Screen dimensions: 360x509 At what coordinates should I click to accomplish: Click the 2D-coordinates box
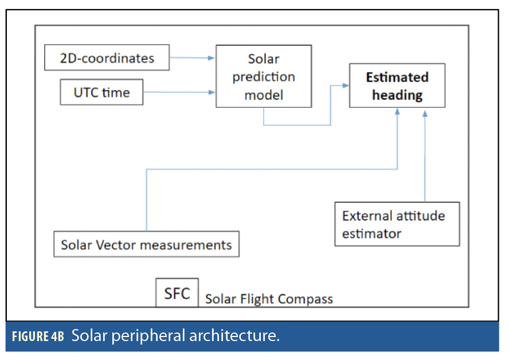tap(107, 57)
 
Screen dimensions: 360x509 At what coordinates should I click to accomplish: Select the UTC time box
tap(101, 92)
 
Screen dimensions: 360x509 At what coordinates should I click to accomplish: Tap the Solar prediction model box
tap(263, 76)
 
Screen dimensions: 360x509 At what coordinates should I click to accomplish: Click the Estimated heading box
tap(397, 86)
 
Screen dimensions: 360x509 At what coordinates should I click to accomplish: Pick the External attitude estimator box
tap(397, 224)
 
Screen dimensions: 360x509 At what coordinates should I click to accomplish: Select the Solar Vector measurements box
tap(146, 245)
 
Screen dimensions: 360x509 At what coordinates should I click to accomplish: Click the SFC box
tap(177, 294)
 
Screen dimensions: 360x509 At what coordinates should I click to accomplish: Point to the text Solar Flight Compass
tap(269, 299)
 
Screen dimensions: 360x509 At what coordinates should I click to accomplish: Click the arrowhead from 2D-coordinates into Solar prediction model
tap(212, 57)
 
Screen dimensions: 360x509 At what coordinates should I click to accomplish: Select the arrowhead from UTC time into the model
tap(212, 92)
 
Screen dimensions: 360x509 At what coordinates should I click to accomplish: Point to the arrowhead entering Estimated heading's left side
tap(346, 85)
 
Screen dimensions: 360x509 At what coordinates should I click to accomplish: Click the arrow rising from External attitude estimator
tap(425, 155)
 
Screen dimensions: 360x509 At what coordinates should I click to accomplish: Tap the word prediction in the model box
tap(264, 77)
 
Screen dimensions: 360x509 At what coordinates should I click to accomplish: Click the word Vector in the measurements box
tap(118, 245)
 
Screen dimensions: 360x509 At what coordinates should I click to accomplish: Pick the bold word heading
tap(397, 95)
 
